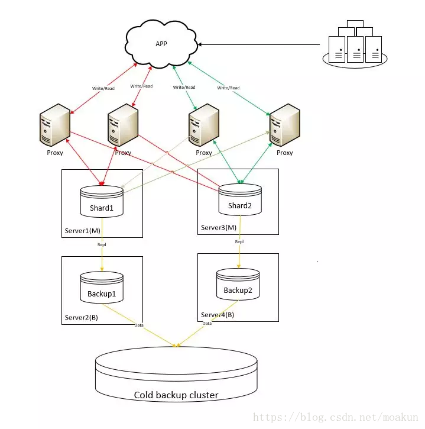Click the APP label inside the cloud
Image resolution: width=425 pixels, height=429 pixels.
coord(161,44)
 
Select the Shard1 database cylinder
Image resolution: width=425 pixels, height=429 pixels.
coord(102,202)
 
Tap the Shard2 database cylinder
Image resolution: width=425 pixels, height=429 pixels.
coord(240,199)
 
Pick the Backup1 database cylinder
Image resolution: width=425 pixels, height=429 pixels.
coord(102,287)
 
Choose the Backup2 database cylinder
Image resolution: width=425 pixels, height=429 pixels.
coord(238,284)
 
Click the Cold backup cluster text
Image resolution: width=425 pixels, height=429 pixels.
coord(176,395)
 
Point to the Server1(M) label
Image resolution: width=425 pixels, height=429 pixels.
coord(83,231)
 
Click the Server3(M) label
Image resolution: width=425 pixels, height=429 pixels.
coord(219,227)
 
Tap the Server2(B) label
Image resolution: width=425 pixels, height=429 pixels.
coord(82,317)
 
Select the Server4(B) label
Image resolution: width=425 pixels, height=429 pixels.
coord(218,315)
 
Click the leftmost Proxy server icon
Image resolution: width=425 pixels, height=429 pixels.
coord(55,125)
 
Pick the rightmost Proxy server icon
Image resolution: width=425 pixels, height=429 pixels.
coord(285,125)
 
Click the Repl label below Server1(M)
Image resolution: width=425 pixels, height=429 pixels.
coord(102,244)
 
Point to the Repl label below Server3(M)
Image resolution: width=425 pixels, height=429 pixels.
coord(239,241)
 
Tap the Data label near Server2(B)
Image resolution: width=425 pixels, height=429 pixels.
coord(139,325)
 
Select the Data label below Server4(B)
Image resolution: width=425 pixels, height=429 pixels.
coord(207,323)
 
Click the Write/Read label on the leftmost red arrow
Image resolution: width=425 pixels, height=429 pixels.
coord(103,88)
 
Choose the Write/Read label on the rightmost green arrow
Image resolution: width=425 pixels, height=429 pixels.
coord(228,88)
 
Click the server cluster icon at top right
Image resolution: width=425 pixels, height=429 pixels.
coord(355,44)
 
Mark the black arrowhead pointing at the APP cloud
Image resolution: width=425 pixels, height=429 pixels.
coord(200,44)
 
